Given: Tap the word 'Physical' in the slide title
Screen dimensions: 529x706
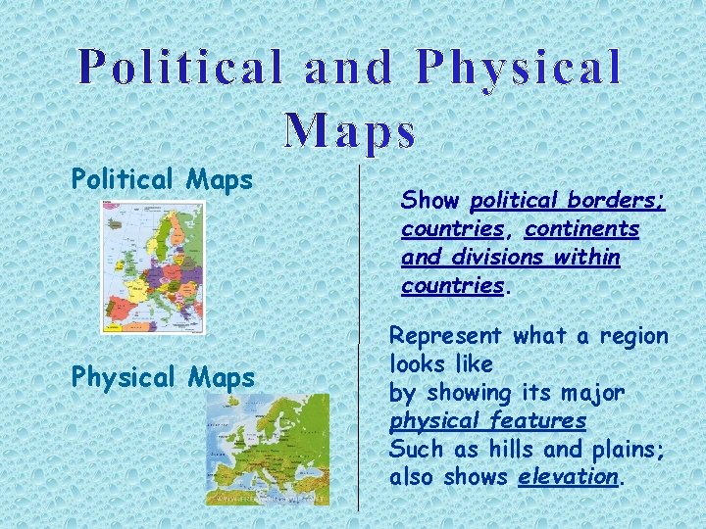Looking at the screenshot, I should point(519,68).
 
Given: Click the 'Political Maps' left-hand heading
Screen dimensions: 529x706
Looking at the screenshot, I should point(162,180).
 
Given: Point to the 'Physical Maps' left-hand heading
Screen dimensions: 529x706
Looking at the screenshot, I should point(163,377).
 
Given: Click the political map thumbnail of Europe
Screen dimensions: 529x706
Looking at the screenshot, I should point(154,266).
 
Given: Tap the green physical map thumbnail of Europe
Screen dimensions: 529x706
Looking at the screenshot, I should point(268,450).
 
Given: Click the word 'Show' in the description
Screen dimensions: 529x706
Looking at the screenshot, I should point(430,201).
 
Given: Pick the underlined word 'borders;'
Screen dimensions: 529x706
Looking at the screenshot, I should point(620,201).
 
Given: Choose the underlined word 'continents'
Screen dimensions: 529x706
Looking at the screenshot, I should point(581,229).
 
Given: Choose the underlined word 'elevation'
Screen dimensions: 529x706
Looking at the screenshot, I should point(569,477).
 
